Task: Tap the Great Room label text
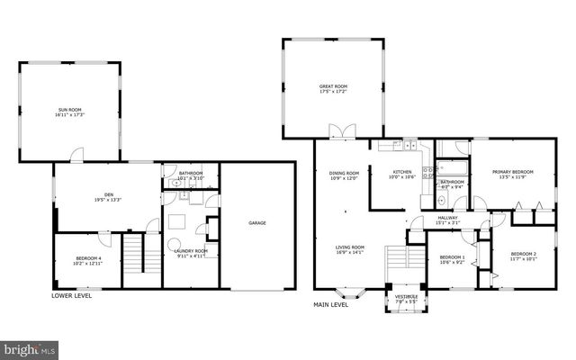tap(333, 89)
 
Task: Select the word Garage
tap(257, 222)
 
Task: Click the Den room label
tap(108, 197)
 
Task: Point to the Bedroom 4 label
tap(87, 261)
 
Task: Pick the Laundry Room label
tap(191, 253)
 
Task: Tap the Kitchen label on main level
tap(401, 175)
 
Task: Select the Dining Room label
tap(344, 175)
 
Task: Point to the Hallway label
tap(447, 219)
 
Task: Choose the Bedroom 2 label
tap(523, 256)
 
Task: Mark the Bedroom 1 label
tap(452, 260)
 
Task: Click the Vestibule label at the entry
tap(406, 293)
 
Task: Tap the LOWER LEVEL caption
tap(73, 295)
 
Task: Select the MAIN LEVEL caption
tap(331, 305)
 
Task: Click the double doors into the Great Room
tap(342, 133)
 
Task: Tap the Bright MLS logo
tap(29, 347)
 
